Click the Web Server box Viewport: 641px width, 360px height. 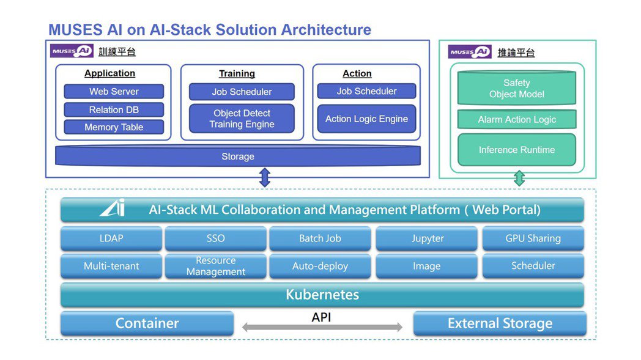click(x=114, y=92)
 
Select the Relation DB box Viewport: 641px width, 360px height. click(x=114, y=110)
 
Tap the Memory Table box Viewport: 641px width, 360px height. click(x=114, y=127)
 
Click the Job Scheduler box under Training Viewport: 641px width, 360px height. click(x=242, y=92)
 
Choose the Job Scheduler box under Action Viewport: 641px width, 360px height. click(x=366, y=91)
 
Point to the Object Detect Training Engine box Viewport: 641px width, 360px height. click(x=242, y=119)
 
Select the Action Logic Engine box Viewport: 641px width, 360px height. click(x=366, y=119)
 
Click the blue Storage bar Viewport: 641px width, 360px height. click(x=238, y=156)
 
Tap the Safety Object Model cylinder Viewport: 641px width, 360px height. click(x=517, y=89)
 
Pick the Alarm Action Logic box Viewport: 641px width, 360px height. click(x=517, y=120)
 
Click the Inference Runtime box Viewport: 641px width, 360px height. click(x=517, y=150)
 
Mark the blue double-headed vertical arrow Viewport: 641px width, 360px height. click(x=265, y=177)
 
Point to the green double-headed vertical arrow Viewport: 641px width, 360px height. click(x=519, y=178)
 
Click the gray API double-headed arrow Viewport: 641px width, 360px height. click(x=322, y=328)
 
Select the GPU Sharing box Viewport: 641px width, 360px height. click(x=533, y=238)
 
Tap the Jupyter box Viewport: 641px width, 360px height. click(x=428, y=238)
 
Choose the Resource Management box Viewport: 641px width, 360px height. click(x=215, y=266)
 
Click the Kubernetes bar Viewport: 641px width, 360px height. click(x=322, y=295)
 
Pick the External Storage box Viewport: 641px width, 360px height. click(x=500, y=323)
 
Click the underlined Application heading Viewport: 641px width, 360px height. click(x=110, y=73)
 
